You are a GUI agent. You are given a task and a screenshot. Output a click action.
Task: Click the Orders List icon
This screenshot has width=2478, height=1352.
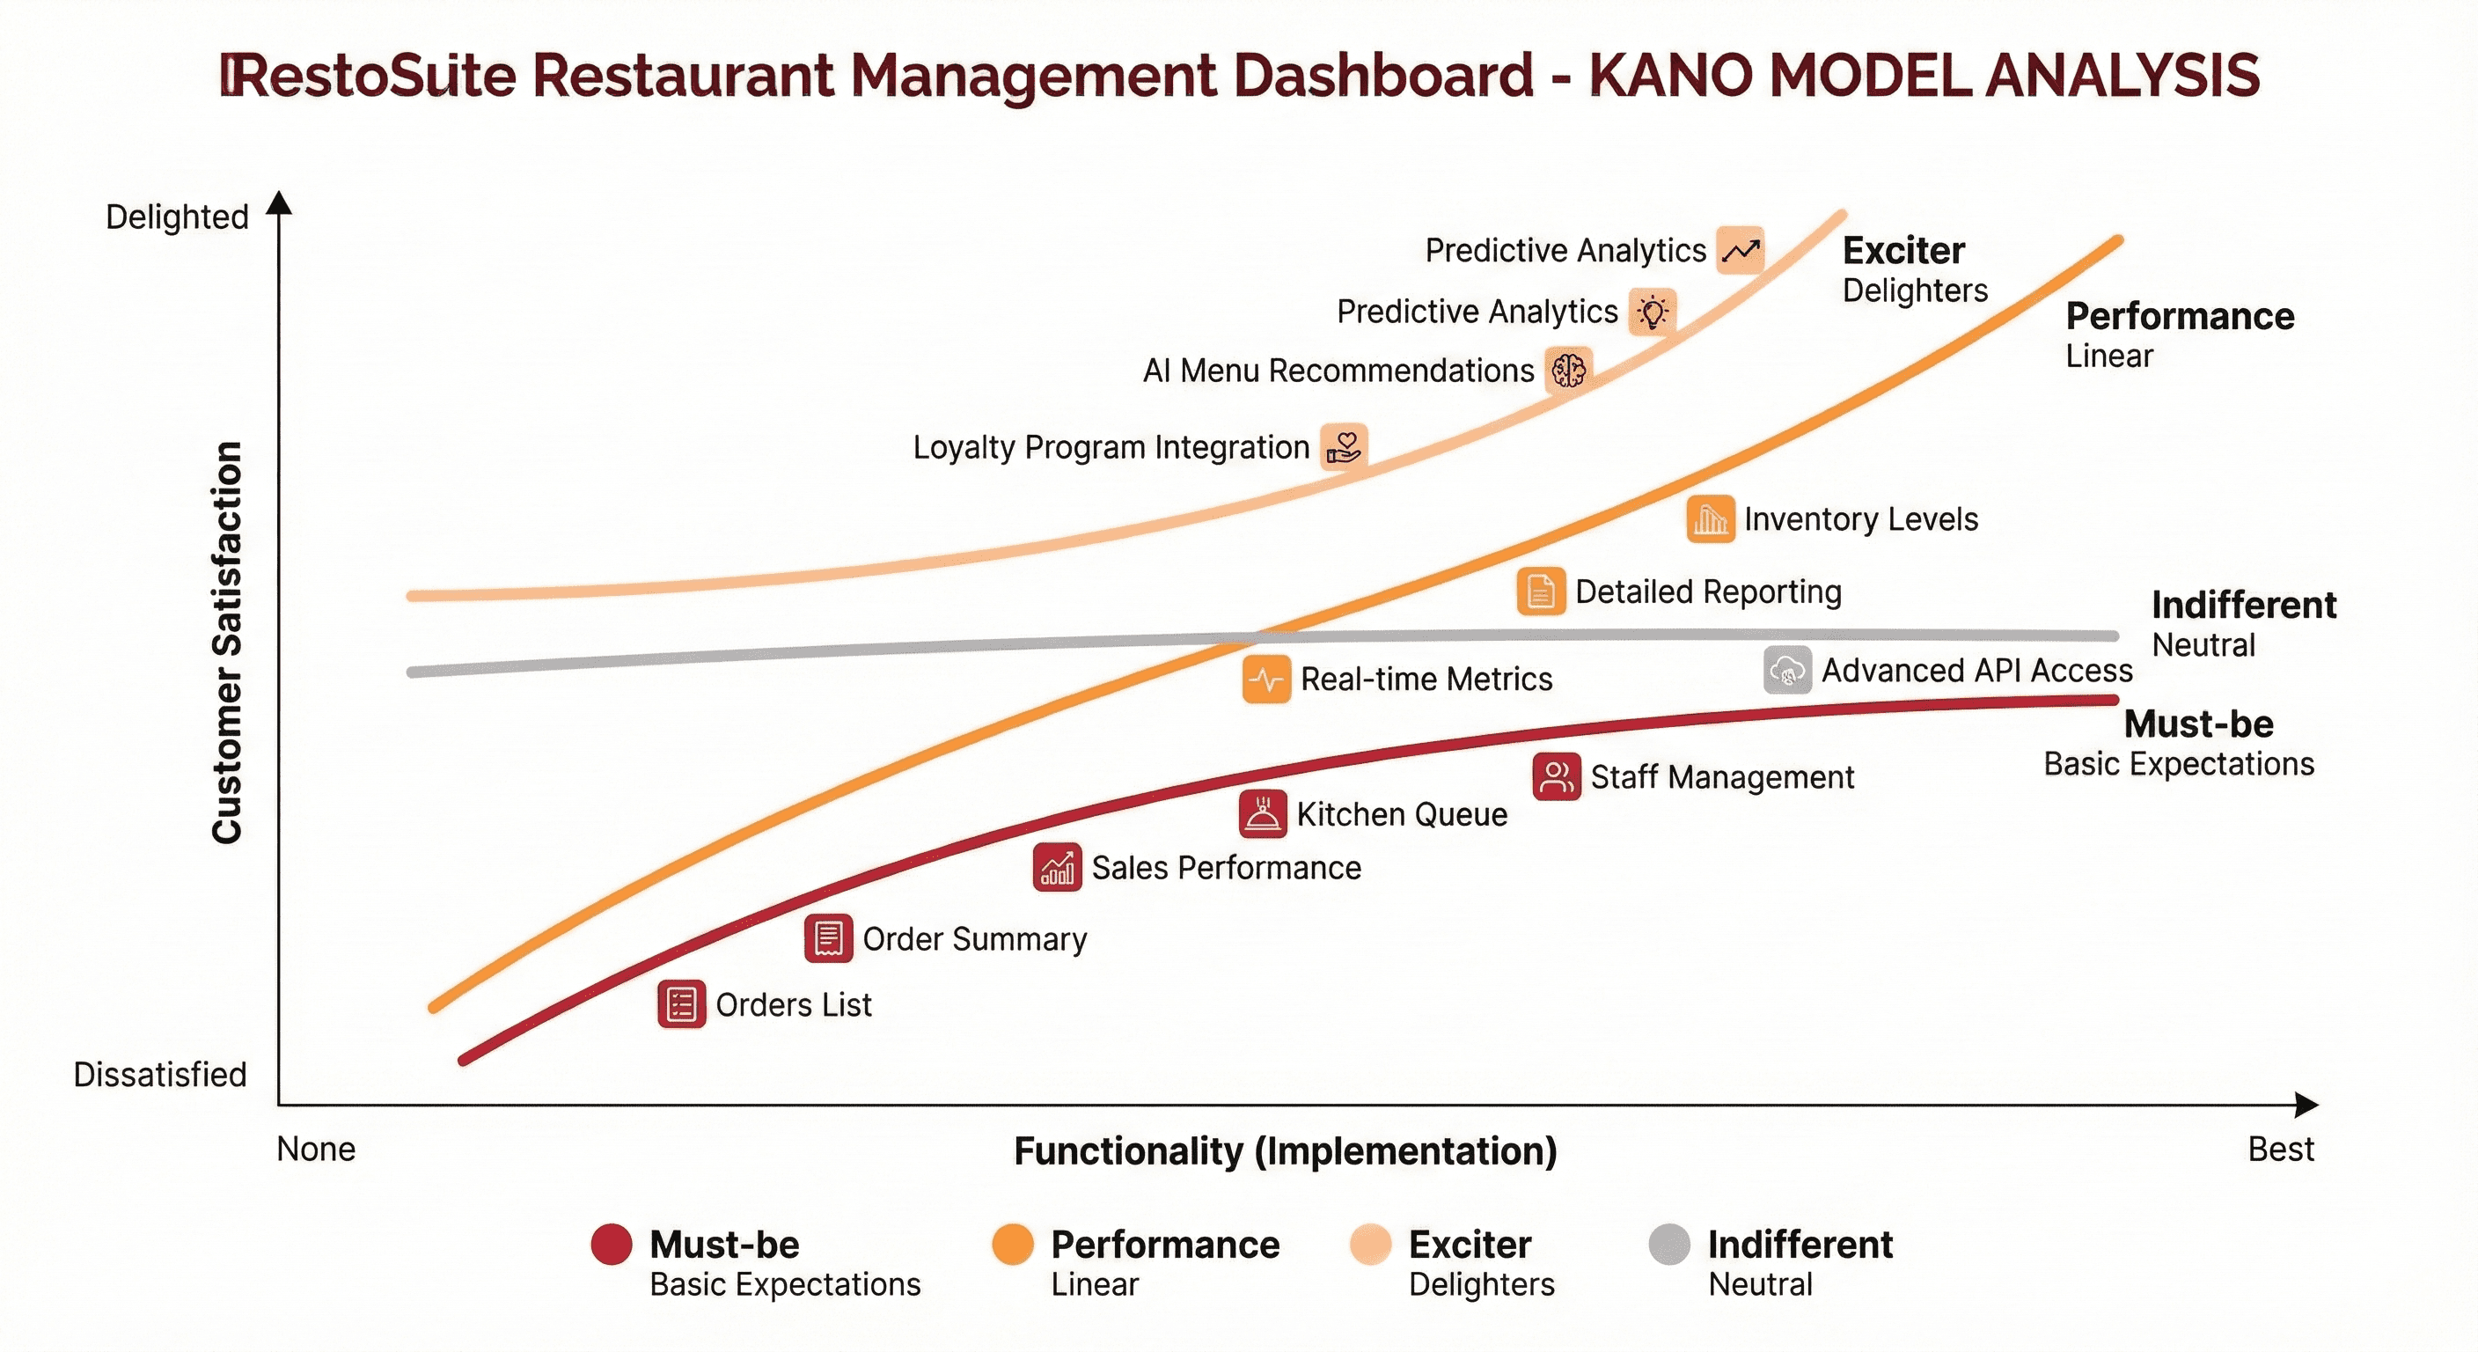pos(681,1004)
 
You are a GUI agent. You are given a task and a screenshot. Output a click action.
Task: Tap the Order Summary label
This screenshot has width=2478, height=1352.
pos(974,939)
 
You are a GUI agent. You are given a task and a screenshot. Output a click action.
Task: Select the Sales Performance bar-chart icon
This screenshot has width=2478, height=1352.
pos(1057,868)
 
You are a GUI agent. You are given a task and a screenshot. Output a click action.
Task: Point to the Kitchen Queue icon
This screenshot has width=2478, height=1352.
pos(1262,814)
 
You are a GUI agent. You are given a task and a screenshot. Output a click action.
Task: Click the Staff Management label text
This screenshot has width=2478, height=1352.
pos(1722,777)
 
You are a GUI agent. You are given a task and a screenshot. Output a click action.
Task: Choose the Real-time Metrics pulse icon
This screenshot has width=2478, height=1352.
pos(1266,680)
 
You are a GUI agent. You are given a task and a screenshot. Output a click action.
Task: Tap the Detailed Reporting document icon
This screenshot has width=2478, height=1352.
pos(1540,591)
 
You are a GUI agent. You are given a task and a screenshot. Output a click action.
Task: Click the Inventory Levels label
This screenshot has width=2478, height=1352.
pos(1860,519)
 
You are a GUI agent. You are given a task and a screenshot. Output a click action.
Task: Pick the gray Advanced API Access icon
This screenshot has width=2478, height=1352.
pos(1787,671)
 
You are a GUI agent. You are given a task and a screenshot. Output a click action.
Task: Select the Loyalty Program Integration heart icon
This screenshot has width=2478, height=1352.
pos(1344,446)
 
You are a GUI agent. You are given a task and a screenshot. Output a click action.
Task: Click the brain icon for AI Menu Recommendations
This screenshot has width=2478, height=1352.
pos(1568,370)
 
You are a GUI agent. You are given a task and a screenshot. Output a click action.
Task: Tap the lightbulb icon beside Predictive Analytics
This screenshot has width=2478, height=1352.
pos(1653,312)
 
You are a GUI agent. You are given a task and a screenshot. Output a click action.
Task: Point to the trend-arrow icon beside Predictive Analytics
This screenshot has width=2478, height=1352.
pos(1741,251)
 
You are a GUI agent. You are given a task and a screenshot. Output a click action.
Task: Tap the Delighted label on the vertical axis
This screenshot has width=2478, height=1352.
pos(177,217)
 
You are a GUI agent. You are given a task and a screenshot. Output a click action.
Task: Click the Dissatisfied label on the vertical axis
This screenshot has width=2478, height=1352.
pos(159,1075)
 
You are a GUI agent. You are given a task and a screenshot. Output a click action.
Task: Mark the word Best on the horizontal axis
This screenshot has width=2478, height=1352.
pos(2281,1150)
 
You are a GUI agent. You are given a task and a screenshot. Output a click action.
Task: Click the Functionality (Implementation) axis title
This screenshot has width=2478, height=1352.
pos(1285,1152)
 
